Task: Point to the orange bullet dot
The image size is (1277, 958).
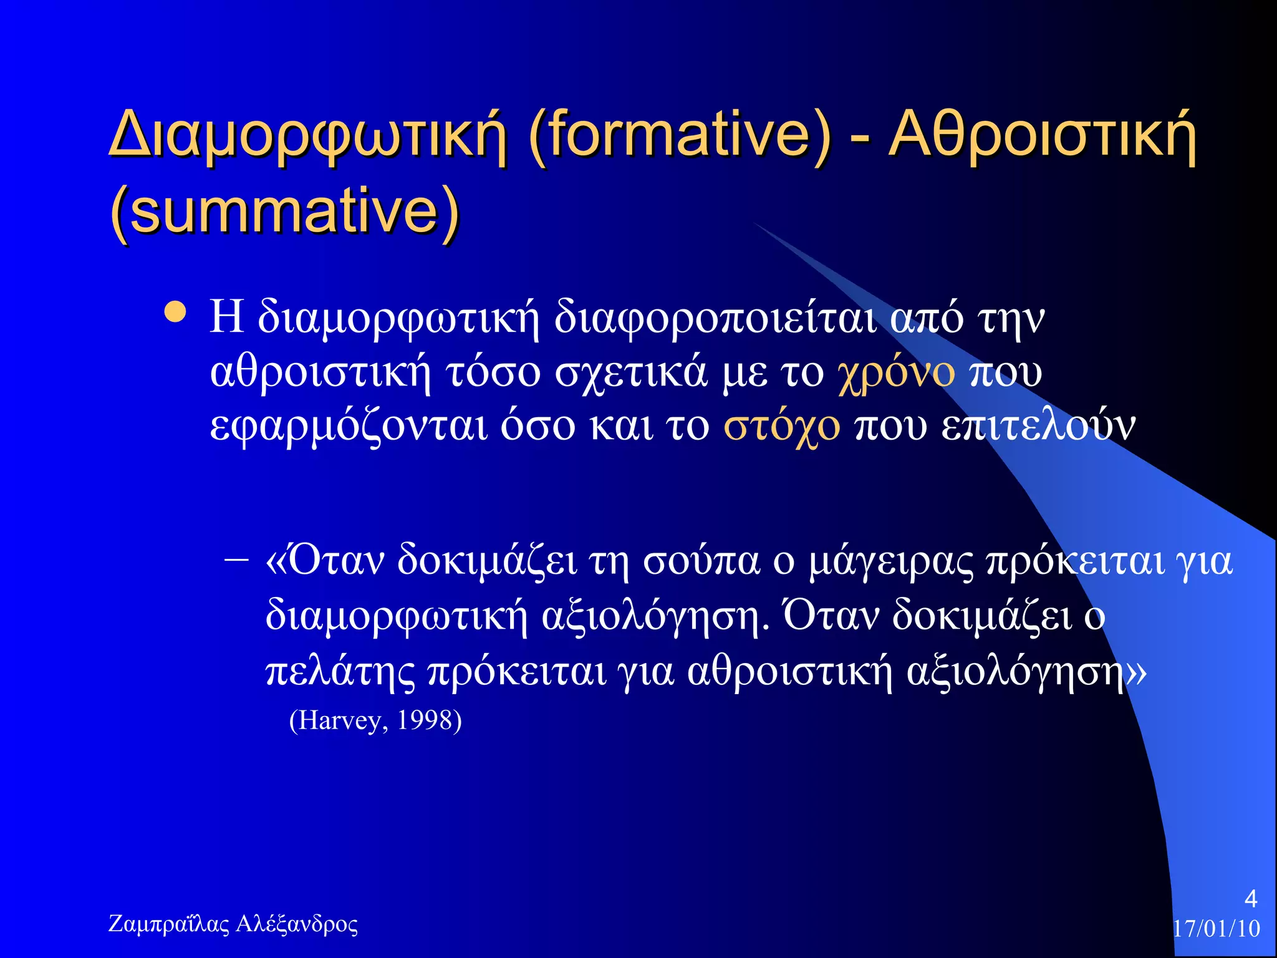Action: (x=175, y=312)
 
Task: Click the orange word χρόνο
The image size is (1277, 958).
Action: (x=896, y=372)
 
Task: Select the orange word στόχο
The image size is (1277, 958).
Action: (x=781, y=427)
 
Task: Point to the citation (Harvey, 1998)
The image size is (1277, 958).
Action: (x=375, y=720)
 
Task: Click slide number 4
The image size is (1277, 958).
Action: (x=1250, y=899)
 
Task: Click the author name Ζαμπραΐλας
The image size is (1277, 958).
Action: (x=169, y=924)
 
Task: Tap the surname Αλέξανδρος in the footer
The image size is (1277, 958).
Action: (x=297, y=924)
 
